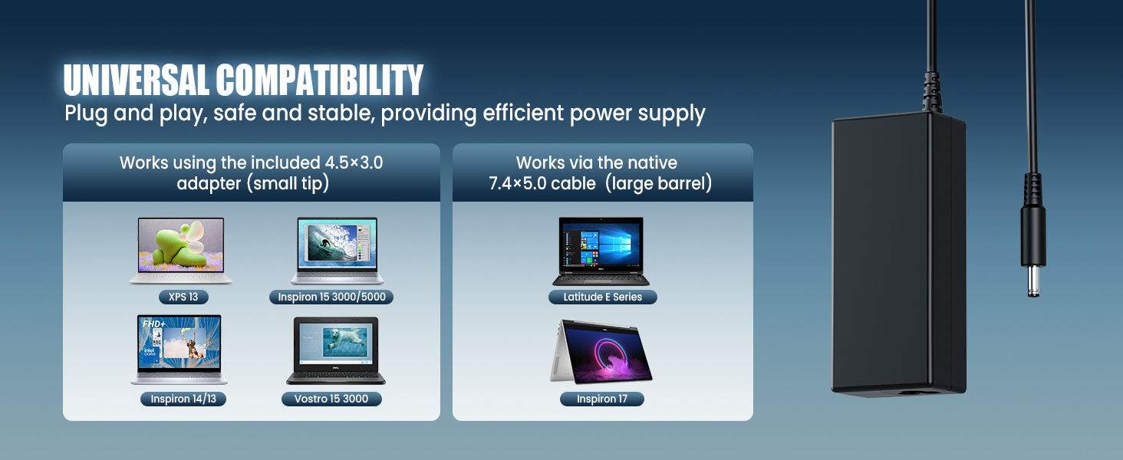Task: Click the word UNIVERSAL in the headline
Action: point(136,80)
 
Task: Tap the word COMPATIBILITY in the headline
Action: point(320,80)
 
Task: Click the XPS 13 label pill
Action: point(183,297)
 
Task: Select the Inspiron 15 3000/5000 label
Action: point(331,297)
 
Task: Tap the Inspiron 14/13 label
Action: point(183,399)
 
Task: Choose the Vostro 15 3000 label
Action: point(331,399)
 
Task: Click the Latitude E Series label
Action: point(603,297)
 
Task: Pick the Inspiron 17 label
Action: point(602,399)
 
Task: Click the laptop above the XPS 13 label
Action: point(181,251)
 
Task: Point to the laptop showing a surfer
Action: point(337,251)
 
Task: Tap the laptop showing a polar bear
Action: point(336,350)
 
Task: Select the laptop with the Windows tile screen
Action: point(601,251)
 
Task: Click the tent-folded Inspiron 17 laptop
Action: point(601,352)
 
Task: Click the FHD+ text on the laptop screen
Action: point(153,324)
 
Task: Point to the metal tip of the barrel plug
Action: point(1033,281)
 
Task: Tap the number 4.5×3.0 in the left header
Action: point(354,163)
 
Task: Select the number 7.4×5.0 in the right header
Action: point(517,183)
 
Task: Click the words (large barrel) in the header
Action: point(659,183)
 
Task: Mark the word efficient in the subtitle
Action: point(523,113)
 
